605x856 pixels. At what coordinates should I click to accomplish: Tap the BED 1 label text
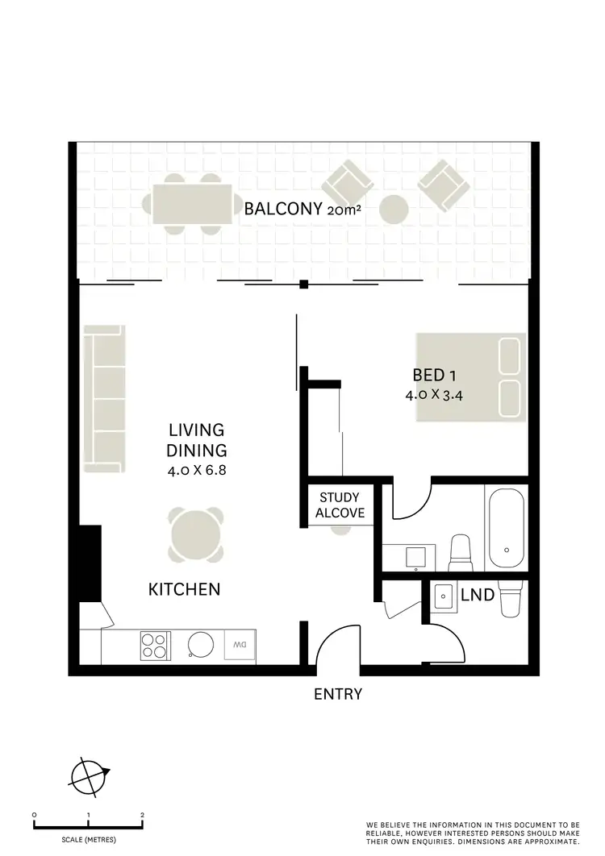click(435, 375)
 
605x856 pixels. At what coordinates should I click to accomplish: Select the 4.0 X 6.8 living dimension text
click(197, 471)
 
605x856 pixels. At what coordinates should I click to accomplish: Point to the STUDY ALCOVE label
click(339, 505)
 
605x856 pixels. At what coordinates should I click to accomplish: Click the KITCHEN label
click(184, 590)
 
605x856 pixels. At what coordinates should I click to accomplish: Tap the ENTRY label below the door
click(337, 694)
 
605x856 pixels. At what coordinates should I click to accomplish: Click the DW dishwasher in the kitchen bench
click(238, 645)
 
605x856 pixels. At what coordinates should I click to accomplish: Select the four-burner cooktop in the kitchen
click(156, 645)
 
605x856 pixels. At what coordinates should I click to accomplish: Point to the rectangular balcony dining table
click(192, 205)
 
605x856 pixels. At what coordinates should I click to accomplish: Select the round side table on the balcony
click(394, 210)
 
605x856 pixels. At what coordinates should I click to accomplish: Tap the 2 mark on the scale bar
click(142, 815)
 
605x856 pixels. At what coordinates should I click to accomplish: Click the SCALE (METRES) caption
click(88, 840)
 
